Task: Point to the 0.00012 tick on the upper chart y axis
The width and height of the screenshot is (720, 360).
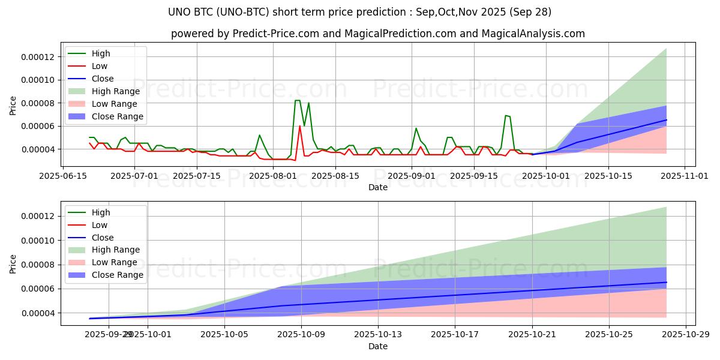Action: point(38,57)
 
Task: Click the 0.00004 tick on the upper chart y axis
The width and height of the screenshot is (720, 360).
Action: point(38,149)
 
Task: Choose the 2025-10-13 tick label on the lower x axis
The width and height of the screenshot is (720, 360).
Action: point(378,335)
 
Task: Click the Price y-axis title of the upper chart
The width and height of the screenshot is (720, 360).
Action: point(13,105)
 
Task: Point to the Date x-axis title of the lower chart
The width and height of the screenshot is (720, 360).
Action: point(378,346)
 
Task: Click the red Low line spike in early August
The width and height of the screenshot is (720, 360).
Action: point(300,126)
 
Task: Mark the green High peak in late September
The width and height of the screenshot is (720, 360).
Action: point(506,115)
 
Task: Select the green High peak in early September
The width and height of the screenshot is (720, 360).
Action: point(416,128)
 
